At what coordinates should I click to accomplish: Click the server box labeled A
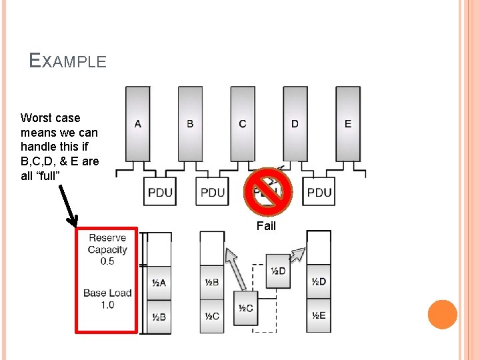click(x=137, y=124)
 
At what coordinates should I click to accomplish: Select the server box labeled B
click(x=190, y=124)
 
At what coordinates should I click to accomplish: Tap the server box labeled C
click(x=242, y=124)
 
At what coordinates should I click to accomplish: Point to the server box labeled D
click(x=295, y=124)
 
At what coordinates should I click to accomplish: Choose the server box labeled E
click(x=347, y=124)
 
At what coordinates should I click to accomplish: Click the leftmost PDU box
click(x=159, y=193)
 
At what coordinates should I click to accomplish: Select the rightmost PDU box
click(x=319, y=193)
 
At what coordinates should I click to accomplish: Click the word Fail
click(x=266, y=226)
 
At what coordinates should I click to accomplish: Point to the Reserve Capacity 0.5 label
click(x=107, y=249)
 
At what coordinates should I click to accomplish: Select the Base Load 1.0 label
click(x=107, y=299)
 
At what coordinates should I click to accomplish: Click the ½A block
click(x=159, y=283)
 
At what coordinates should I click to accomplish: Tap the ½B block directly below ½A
click(x=159, y=317)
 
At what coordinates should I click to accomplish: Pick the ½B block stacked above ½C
click(x=212, y=283)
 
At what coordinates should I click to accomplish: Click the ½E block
click(x=319, y=317)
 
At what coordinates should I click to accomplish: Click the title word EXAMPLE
click(x=68, y=61)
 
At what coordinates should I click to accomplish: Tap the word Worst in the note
click(x=37, y=118)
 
